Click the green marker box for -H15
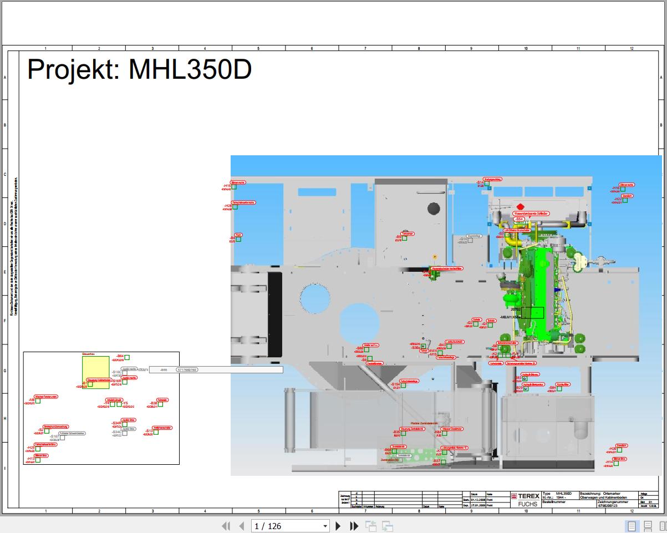pos(234,187)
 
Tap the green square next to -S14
pos(487,184)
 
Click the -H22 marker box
pos(625,200)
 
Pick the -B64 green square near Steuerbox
pos(127,357)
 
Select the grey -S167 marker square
pos(62,438)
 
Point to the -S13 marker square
pos(156,432)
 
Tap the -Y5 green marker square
pos(119,404)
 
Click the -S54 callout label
pos(519,220)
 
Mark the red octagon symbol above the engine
pos(520,206)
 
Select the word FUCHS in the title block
pos(527,504)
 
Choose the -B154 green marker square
pos(403,385)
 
